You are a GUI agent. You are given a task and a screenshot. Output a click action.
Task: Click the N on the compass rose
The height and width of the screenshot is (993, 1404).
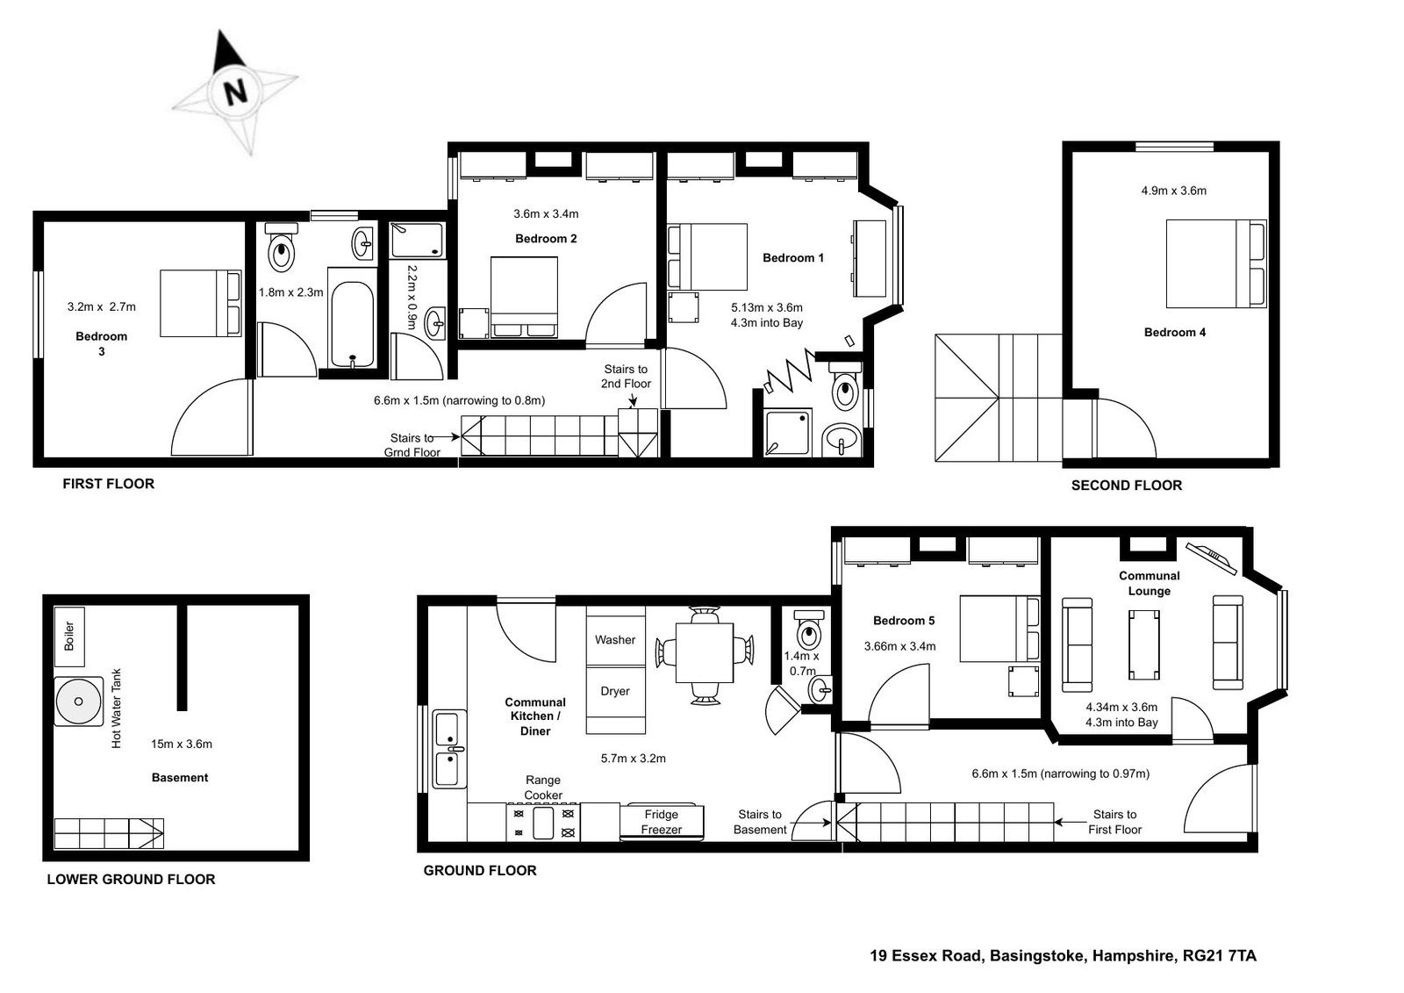point(236,93)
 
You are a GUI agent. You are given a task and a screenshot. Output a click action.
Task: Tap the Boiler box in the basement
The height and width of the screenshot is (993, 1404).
point(69,637)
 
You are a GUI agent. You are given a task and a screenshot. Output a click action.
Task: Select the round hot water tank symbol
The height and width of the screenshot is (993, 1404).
point(78,702)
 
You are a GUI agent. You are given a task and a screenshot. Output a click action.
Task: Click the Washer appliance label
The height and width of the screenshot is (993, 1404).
point(615,640)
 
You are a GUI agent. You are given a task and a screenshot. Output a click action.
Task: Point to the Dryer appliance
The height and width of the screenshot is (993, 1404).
point(615,700)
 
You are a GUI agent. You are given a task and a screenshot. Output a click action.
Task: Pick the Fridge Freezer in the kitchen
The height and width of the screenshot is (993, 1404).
point(662,821)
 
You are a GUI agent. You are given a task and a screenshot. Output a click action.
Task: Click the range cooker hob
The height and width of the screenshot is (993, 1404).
point(543,823)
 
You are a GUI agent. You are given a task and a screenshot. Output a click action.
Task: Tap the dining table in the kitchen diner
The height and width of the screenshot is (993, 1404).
point(705,652)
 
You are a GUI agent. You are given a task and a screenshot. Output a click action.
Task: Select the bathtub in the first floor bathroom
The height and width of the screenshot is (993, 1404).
point(352,324)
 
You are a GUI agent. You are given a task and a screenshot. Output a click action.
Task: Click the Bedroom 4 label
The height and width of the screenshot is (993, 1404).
point(1175,333)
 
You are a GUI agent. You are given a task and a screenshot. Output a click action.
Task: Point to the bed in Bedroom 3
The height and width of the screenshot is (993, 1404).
point(201,303)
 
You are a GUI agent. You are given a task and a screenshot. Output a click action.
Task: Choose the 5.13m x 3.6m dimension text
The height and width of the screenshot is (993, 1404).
point(767,307)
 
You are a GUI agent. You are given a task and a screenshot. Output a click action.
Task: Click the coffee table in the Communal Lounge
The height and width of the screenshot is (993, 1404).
point(1144,644)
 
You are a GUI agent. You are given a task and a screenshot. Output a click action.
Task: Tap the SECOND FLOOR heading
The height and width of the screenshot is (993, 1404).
point(1127,485)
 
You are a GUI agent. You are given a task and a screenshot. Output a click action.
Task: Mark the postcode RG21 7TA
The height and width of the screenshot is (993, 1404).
point(1219,955)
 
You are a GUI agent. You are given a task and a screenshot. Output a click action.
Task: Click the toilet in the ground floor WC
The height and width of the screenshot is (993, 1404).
point(808,630)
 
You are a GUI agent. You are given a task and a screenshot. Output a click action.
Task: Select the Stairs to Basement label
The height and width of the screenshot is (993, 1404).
point(760,822)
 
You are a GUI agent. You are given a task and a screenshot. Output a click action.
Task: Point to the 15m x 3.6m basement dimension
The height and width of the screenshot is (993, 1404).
point(181,744)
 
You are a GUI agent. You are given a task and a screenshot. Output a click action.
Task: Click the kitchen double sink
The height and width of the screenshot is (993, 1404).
point(448,749)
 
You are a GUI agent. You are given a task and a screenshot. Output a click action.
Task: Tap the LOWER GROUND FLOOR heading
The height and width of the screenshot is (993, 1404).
point(131,879)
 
